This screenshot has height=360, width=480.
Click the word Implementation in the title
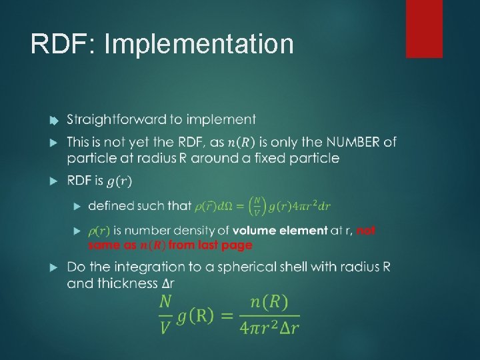[x=199, y=45]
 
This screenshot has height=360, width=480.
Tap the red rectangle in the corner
[x=424, y=28]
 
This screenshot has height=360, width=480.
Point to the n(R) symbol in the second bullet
[x=240, y=143]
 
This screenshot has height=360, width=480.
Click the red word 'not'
[x=366, y=231]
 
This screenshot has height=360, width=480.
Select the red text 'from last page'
[x=210, y=245]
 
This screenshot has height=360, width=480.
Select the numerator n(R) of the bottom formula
[x=269, y=303]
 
